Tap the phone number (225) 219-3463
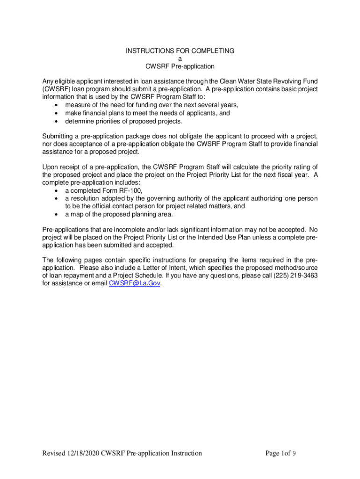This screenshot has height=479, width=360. pyautogui.click(x=294, y=276)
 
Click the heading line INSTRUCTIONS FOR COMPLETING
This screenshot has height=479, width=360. pyautogui.click(x=180, y=51)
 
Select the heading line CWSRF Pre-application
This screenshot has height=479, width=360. pyautogui.click(x=180, y=66)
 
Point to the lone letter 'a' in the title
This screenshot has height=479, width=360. pyautogui.click(x=180, y=58)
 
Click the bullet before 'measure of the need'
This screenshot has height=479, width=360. pyautogui.click(x=57, y=105)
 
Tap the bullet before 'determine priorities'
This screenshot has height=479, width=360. pyautogui.click(x=57, y=122)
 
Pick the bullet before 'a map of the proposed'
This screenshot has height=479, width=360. pyautogui.click(x=57, y=214)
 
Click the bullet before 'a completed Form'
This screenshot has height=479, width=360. pyautogui.click(x=57, y=190)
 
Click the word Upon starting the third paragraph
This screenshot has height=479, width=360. pyautogui.click(x=50, y=167)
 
